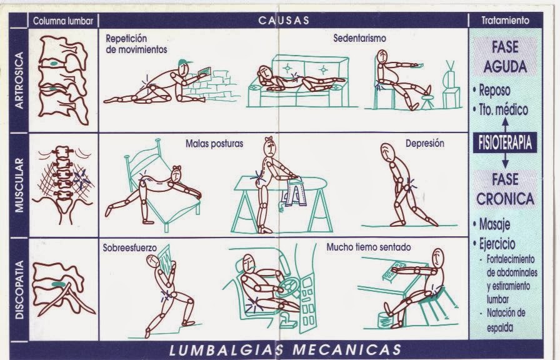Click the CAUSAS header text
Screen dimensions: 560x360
tap(284, 20)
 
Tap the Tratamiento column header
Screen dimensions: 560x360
tap(505, 21)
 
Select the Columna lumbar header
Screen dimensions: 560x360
tap(63, 21)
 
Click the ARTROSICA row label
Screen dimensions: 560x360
tap(19, 81)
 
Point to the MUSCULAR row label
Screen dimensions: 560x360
tap(19, 185)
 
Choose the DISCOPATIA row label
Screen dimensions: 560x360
tap(19, 289)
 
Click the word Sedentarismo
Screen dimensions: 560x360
tap(359, 38)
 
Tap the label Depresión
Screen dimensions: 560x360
tap(424, 143)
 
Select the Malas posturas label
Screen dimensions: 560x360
tap(214, 144)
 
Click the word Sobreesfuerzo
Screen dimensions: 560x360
tap(129, 247)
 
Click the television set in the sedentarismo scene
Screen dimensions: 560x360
tap(451, 86)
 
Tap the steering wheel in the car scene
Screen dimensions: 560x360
tap(289, 286)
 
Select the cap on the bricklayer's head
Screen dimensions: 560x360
tap(184, 63)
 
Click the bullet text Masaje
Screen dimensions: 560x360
tap(494, 224)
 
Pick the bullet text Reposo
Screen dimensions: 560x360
tap(494, 91)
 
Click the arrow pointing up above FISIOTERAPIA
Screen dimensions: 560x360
tap(505, 124)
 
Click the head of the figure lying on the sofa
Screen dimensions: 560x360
tap(264, 73)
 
